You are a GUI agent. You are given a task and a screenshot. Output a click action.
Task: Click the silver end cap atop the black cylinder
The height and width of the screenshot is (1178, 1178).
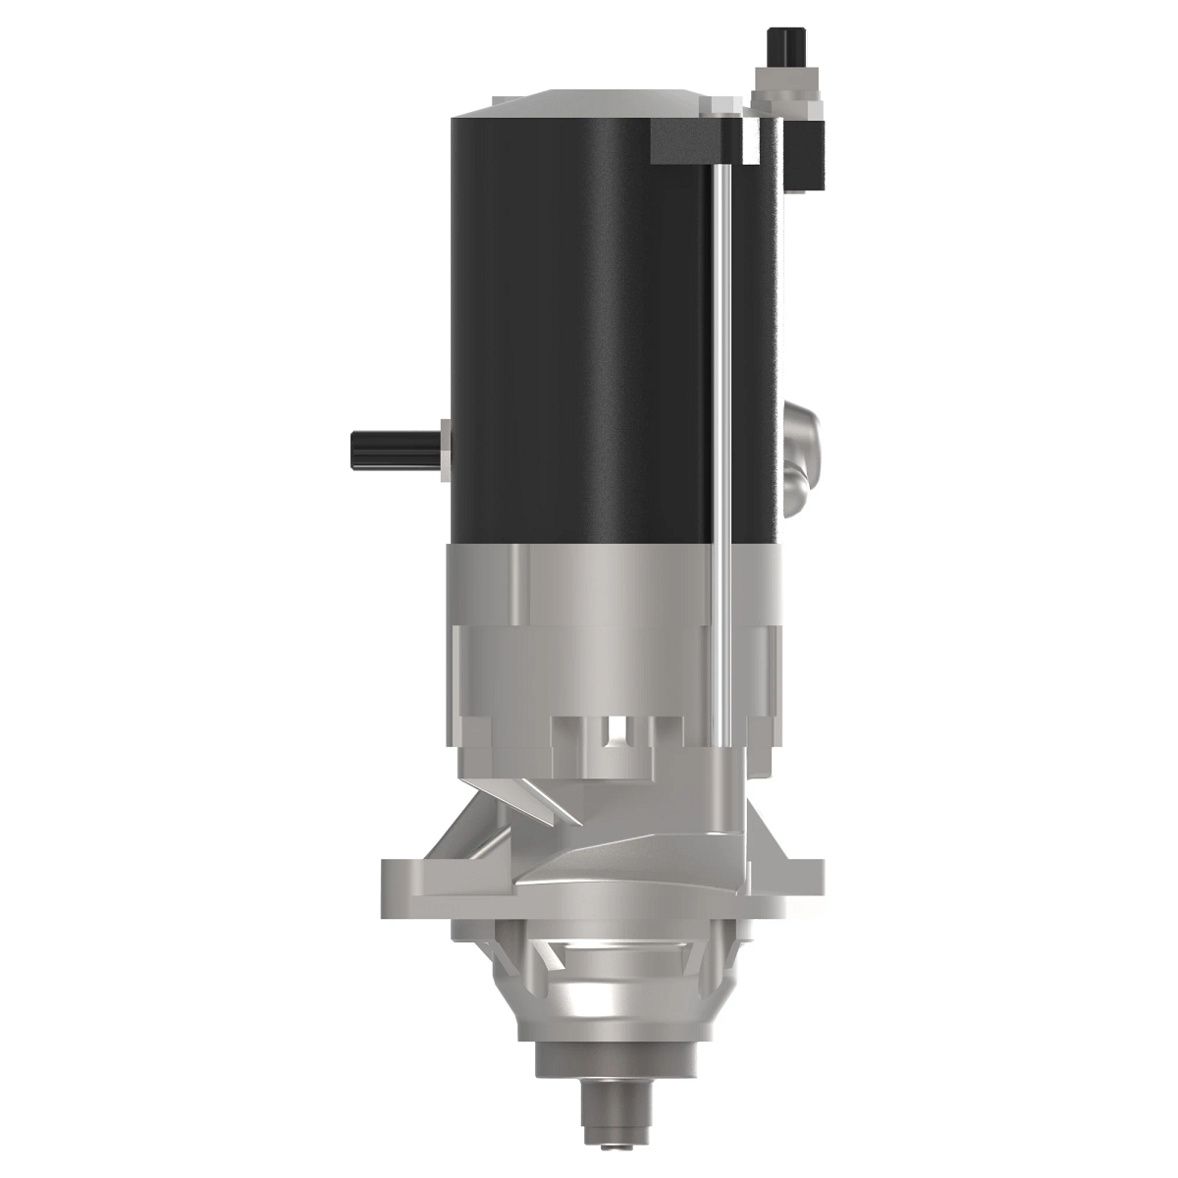pos(589,104)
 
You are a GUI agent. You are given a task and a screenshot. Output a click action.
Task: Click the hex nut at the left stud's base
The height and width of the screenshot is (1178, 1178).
pos(446,451)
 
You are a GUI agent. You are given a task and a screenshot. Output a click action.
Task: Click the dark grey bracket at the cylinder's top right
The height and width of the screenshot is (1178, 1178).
pos(692,143)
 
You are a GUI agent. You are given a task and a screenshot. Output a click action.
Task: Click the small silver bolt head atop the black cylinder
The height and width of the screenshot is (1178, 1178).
pos(751,142)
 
